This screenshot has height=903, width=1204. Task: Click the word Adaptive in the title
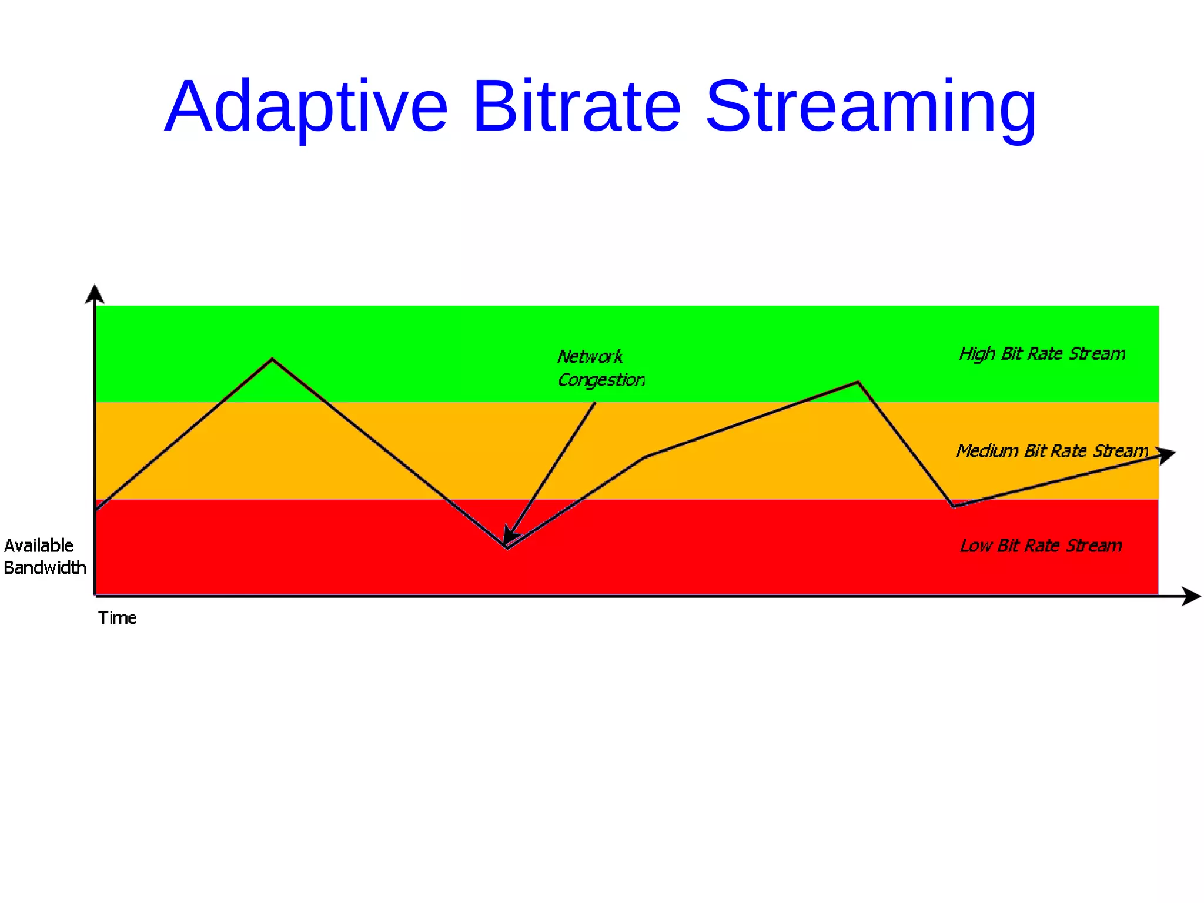[x=306, y=108]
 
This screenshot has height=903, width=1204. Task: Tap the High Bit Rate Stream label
[x=1042, y=354]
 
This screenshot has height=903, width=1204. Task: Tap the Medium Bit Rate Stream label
[x=1051, y=451]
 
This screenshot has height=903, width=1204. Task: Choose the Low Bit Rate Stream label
[x=1041, y=546]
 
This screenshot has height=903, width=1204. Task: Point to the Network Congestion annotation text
[x=600, y=368]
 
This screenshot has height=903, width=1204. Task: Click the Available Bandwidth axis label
[x=44, y=556]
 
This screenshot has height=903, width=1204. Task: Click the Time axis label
[x=117, y=618]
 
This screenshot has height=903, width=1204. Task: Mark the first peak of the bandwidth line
[x=272, y=359]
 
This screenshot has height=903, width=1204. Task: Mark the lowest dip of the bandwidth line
[x=507, y=548]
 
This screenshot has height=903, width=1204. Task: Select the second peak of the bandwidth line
[x=858, y=383]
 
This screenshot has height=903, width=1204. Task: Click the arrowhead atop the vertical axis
[x=95, y=293]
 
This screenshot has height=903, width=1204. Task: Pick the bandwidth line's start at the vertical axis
[x=96, y=509]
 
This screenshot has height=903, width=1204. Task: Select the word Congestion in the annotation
[x=601, y=380]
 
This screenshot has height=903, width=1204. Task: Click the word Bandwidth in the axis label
[x=45, y=568]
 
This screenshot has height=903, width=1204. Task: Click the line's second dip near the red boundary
[x=953, y=506]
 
